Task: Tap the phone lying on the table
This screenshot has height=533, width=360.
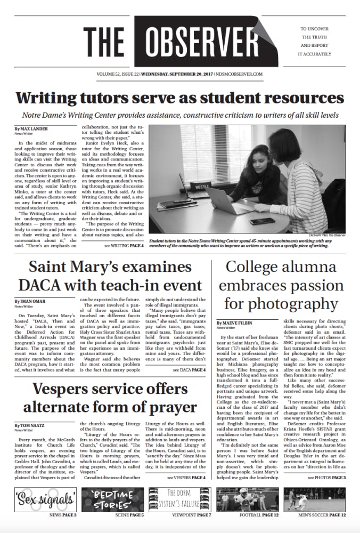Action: click(261, 221)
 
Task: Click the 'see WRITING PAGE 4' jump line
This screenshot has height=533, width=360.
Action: click(124, 246)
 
